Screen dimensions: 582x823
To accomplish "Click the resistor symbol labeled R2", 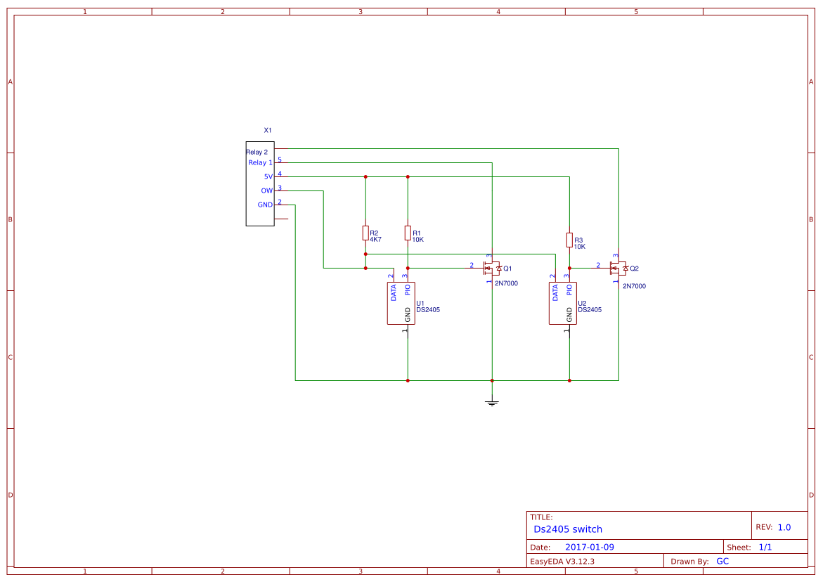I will (365, 233).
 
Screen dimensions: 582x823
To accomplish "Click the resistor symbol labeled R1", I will (408, 233).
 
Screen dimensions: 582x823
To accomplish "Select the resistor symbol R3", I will (569, 240).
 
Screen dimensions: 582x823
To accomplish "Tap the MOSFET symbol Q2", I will (618, 268).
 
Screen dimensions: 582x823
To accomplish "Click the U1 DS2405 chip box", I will (401, 303).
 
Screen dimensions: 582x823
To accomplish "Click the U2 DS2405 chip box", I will (562, 303).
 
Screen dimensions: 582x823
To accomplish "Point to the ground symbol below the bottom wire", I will (492, 403).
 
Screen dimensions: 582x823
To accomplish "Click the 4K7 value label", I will (375, 240).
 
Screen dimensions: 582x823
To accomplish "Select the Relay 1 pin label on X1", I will (260, 163).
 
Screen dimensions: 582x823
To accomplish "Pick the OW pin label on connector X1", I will (266, 190).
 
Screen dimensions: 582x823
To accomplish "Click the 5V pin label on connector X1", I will (268, 176).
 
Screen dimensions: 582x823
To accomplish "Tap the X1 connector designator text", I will (267, 131).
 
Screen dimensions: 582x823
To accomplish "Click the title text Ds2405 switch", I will (567, 529).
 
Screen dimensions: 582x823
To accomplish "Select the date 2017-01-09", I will (590, 547).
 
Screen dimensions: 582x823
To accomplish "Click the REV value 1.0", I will (784, 527).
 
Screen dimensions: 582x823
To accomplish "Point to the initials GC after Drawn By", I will (722, 561).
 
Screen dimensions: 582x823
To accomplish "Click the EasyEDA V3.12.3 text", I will (562, 561).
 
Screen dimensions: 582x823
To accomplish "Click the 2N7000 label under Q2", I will (634, 286).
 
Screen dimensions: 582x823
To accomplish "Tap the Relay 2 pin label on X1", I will (257, 152).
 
